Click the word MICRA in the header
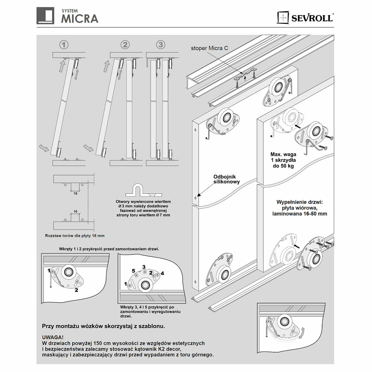click(x=80, y=18)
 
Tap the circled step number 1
click(x=64, y=45)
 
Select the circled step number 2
click(x=125, y=45)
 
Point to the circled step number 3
click(x=160, y=45)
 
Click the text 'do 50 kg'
click(x=283, y=166)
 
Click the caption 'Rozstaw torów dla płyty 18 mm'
click(x=75, y=236)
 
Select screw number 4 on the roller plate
click(x=162, y=273)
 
